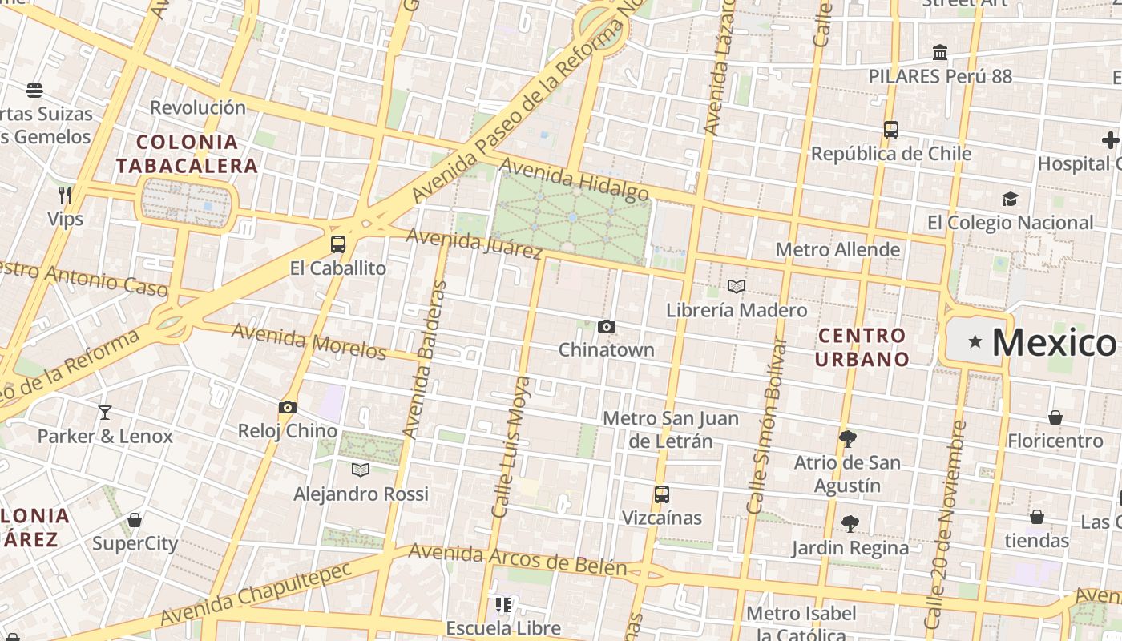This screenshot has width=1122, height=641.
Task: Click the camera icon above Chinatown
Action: [607, 326]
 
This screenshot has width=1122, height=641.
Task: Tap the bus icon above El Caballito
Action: [338, 244]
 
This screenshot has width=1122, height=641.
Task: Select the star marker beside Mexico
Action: [975, 342]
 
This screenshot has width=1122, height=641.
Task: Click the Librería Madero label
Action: [737, 310]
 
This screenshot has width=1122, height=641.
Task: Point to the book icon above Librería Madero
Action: [737, 286]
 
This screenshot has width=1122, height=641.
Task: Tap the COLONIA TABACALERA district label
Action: [187, 154]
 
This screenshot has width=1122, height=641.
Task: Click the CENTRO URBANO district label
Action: [862, 347]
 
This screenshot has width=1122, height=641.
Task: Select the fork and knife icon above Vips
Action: [65, 195]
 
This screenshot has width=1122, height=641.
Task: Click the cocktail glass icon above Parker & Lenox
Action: [105, 413]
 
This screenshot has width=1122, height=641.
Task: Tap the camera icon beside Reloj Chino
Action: [288, 408]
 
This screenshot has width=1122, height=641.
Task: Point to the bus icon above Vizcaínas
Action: [661, 494]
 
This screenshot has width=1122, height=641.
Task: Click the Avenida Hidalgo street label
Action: [574, 179]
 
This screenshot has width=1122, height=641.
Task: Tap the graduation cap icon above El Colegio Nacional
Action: [1010, 199]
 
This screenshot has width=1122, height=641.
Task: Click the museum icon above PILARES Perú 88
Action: [940, 53]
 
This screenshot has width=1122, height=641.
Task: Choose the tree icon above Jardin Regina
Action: [850, 524]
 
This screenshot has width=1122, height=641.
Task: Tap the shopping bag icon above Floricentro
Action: [1055, 417]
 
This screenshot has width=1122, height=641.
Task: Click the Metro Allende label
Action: [837, 250]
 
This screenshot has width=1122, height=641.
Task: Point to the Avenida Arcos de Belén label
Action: [517, 559]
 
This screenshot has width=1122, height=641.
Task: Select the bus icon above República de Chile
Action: [890, 130]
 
